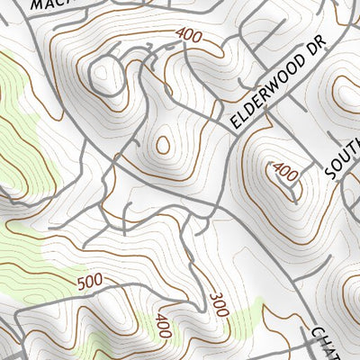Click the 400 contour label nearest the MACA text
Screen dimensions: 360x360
(188, 36)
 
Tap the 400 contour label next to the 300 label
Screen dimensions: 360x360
(163, 325)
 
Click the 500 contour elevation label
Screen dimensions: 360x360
(90, 283)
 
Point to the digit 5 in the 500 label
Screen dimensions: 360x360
(82, 284)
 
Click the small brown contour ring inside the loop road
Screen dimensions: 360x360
(163, 144)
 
